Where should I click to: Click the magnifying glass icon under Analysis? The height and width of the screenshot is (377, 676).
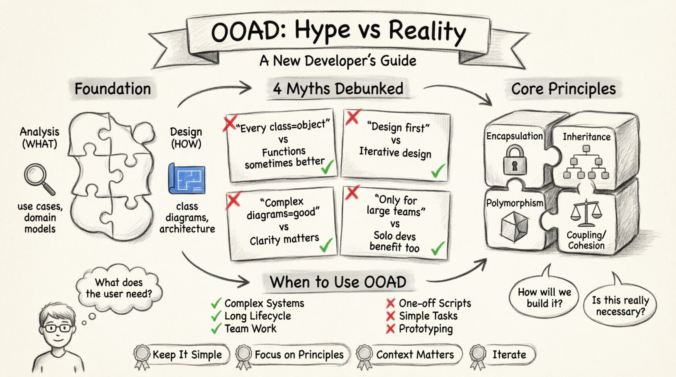point(38,178)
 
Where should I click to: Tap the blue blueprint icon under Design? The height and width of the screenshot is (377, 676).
point(186,178)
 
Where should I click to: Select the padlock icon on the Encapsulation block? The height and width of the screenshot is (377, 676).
point(514,160)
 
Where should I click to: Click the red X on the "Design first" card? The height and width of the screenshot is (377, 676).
point(352,117)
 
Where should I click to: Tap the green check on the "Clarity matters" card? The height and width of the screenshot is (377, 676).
point(326,245)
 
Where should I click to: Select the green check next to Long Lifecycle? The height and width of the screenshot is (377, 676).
point(216,316)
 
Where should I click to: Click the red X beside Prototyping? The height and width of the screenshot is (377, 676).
point(390,329)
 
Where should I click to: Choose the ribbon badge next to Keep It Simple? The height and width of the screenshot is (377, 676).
point(143,356)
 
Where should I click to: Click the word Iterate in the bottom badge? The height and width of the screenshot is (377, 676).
point(509,355)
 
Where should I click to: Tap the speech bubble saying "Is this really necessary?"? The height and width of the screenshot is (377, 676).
point(620,306)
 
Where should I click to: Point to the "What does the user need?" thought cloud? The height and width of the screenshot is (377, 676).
point(119,288)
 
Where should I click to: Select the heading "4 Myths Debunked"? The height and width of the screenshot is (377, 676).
point(338,89)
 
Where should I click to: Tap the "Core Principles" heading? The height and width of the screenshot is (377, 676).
point(563,89)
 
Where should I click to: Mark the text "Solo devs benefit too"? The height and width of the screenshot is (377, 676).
point(394,241)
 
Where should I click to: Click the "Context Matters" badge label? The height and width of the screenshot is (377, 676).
point(414,355)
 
